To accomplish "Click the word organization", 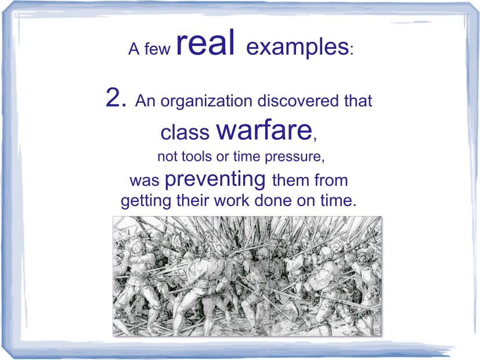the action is coord(207,102).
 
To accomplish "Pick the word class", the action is coord(185,132).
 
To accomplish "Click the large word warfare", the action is coord(265,130).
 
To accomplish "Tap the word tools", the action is coord(197,156).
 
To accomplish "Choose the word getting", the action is coord(146,201).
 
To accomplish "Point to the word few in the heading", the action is coord(157,49).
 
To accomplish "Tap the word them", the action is coord(290,180).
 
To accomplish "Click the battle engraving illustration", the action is coord(247,276).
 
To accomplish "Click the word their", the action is coord(192,200).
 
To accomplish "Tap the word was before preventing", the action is coord(145,181).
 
